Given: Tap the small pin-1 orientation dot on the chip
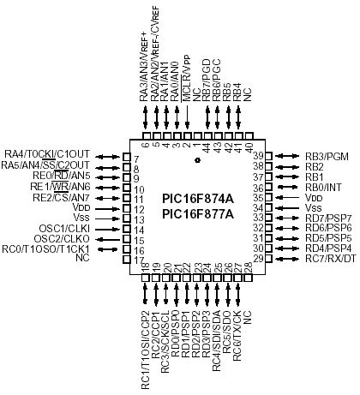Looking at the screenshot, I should click(197, 160).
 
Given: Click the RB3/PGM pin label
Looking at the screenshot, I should click(328, 155).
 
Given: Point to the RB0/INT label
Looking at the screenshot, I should click(325, 186).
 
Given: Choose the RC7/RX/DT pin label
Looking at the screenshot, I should click(330, 258).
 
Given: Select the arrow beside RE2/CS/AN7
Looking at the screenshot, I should click(109, 196).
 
